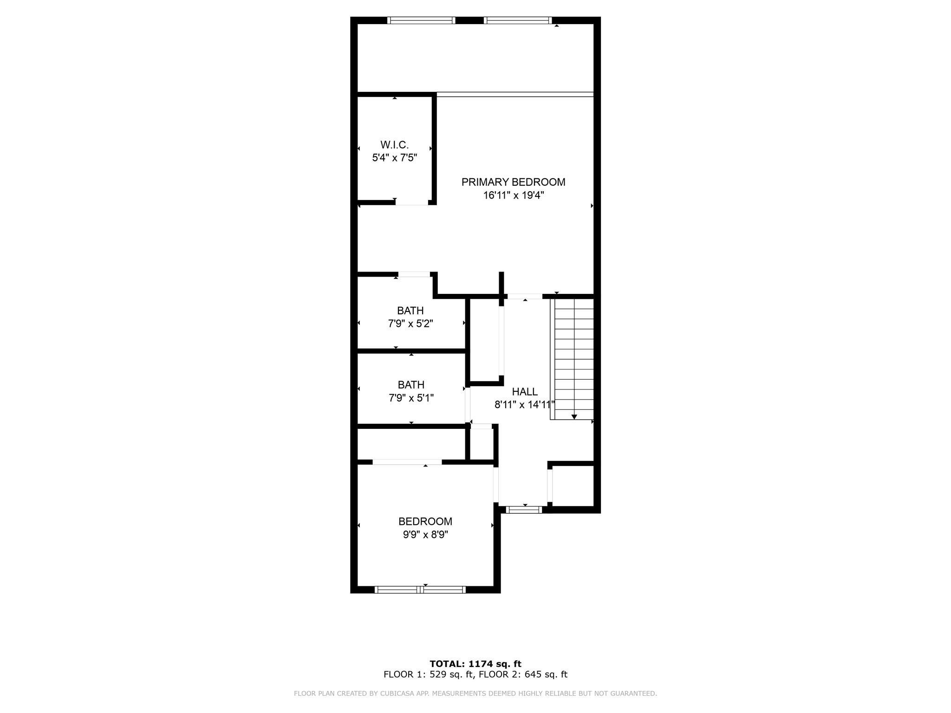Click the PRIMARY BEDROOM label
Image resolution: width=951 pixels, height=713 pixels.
(513, 182)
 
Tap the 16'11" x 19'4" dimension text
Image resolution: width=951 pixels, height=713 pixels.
(513, 195)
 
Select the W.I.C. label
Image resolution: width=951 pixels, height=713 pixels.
(394, 145)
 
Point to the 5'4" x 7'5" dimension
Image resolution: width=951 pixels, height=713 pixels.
(394, 158)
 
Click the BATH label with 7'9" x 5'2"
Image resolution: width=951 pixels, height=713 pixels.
(410, 311)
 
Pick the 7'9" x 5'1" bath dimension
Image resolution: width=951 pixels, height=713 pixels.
(411, 398)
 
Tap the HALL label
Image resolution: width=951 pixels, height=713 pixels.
(525, 392)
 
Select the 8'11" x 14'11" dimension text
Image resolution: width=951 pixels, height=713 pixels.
(524, 405)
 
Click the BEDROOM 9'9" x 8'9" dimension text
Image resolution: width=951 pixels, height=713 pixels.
(425, 535)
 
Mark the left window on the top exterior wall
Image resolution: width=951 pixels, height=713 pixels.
(421, 20)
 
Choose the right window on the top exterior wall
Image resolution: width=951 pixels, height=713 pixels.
(517, 20)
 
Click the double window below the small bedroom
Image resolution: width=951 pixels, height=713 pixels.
(420, 590)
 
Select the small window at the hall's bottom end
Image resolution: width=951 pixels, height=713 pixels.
(524, 510)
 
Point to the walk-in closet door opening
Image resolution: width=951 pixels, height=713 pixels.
(411, 203)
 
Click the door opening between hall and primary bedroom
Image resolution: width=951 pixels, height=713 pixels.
(524, 296)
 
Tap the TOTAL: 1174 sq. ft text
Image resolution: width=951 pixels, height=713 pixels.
(475, 664)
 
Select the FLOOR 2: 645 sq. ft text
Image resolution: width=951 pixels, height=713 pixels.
(523, 674)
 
